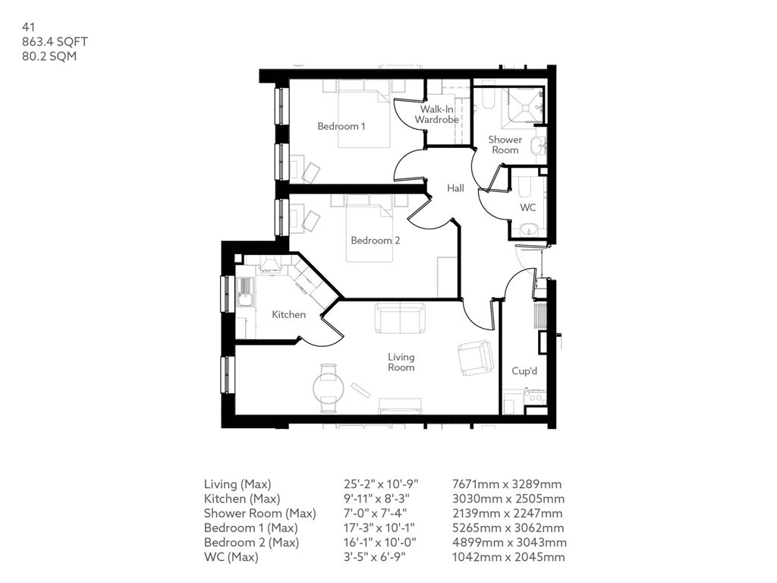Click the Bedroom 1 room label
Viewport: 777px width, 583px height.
[341, 127]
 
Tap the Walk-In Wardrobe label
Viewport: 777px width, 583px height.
[436, 115]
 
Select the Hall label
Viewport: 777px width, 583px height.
[455, 188]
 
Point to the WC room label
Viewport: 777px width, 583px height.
[528, 208]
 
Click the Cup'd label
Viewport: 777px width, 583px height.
[524, 370]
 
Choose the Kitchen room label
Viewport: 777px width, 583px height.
[288, 314]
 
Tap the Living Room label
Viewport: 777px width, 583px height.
[401, 362]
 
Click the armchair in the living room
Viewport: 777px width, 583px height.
[475, 358]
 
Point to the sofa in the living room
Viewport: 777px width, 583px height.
[400, 318]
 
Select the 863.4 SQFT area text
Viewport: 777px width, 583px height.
[55, 42]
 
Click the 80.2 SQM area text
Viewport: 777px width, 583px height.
[49, 56]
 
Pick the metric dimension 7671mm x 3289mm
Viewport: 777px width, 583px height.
[507, 484]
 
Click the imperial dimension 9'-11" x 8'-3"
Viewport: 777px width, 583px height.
[376, 499]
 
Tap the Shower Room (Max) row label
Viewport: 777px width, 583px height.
[260, 514]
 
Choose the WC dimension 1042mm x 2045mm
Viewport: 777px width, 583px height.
[508, 557]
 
